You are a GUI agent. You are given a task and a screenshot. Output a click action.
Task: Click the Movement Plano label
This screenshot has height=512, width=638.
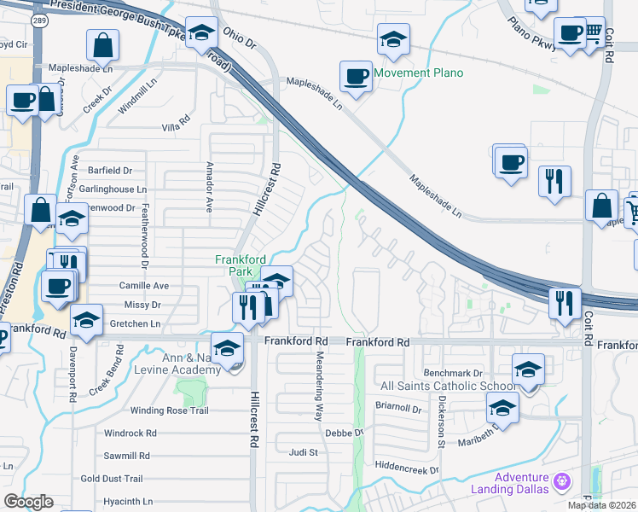419,73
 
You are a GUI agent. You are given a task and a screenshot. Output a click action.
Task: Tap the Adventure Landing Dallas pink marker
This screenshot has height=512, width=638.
561,481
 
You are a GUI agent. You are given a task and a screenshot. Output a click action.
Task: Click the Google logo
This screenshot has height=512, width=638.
28,502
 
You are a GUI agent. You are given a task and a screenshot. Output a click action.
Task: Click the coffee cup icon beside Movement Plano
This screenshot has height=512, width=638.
356,77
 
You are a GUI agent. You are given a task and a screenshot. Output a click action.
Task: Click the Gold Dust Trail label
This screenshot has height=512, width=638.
135,479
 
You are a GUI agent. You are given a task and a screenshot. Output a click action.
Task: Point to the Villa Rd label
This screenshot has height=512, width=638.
175,127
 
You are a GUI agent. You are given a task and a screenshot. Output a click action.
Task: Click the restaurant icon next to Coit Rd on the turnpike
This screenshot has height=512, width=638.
565,303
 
